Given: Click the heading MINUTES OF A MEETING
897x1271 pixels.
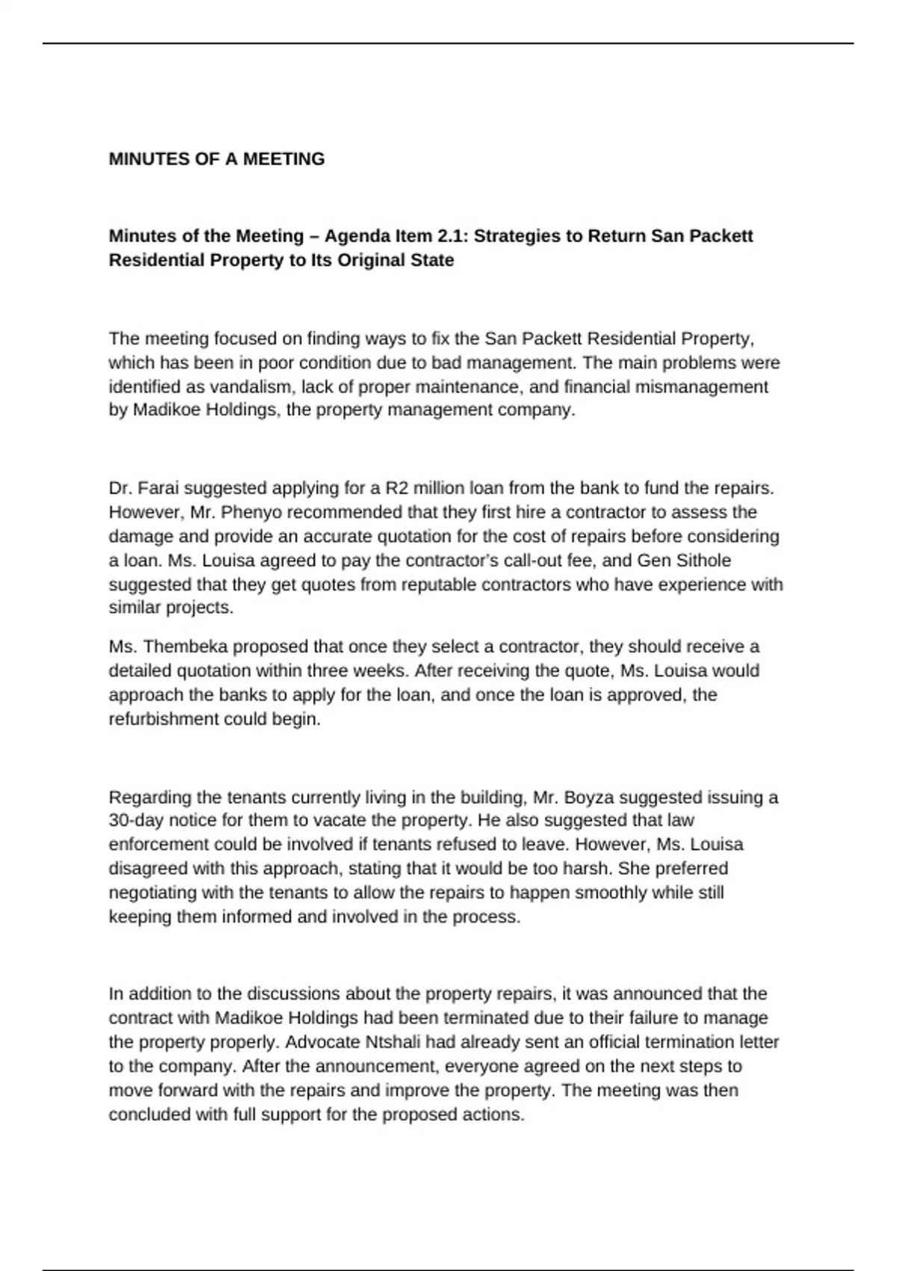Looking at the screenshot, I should (217, 159).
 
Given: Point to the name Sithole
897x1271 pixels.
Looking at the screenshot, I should (703, 561).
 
